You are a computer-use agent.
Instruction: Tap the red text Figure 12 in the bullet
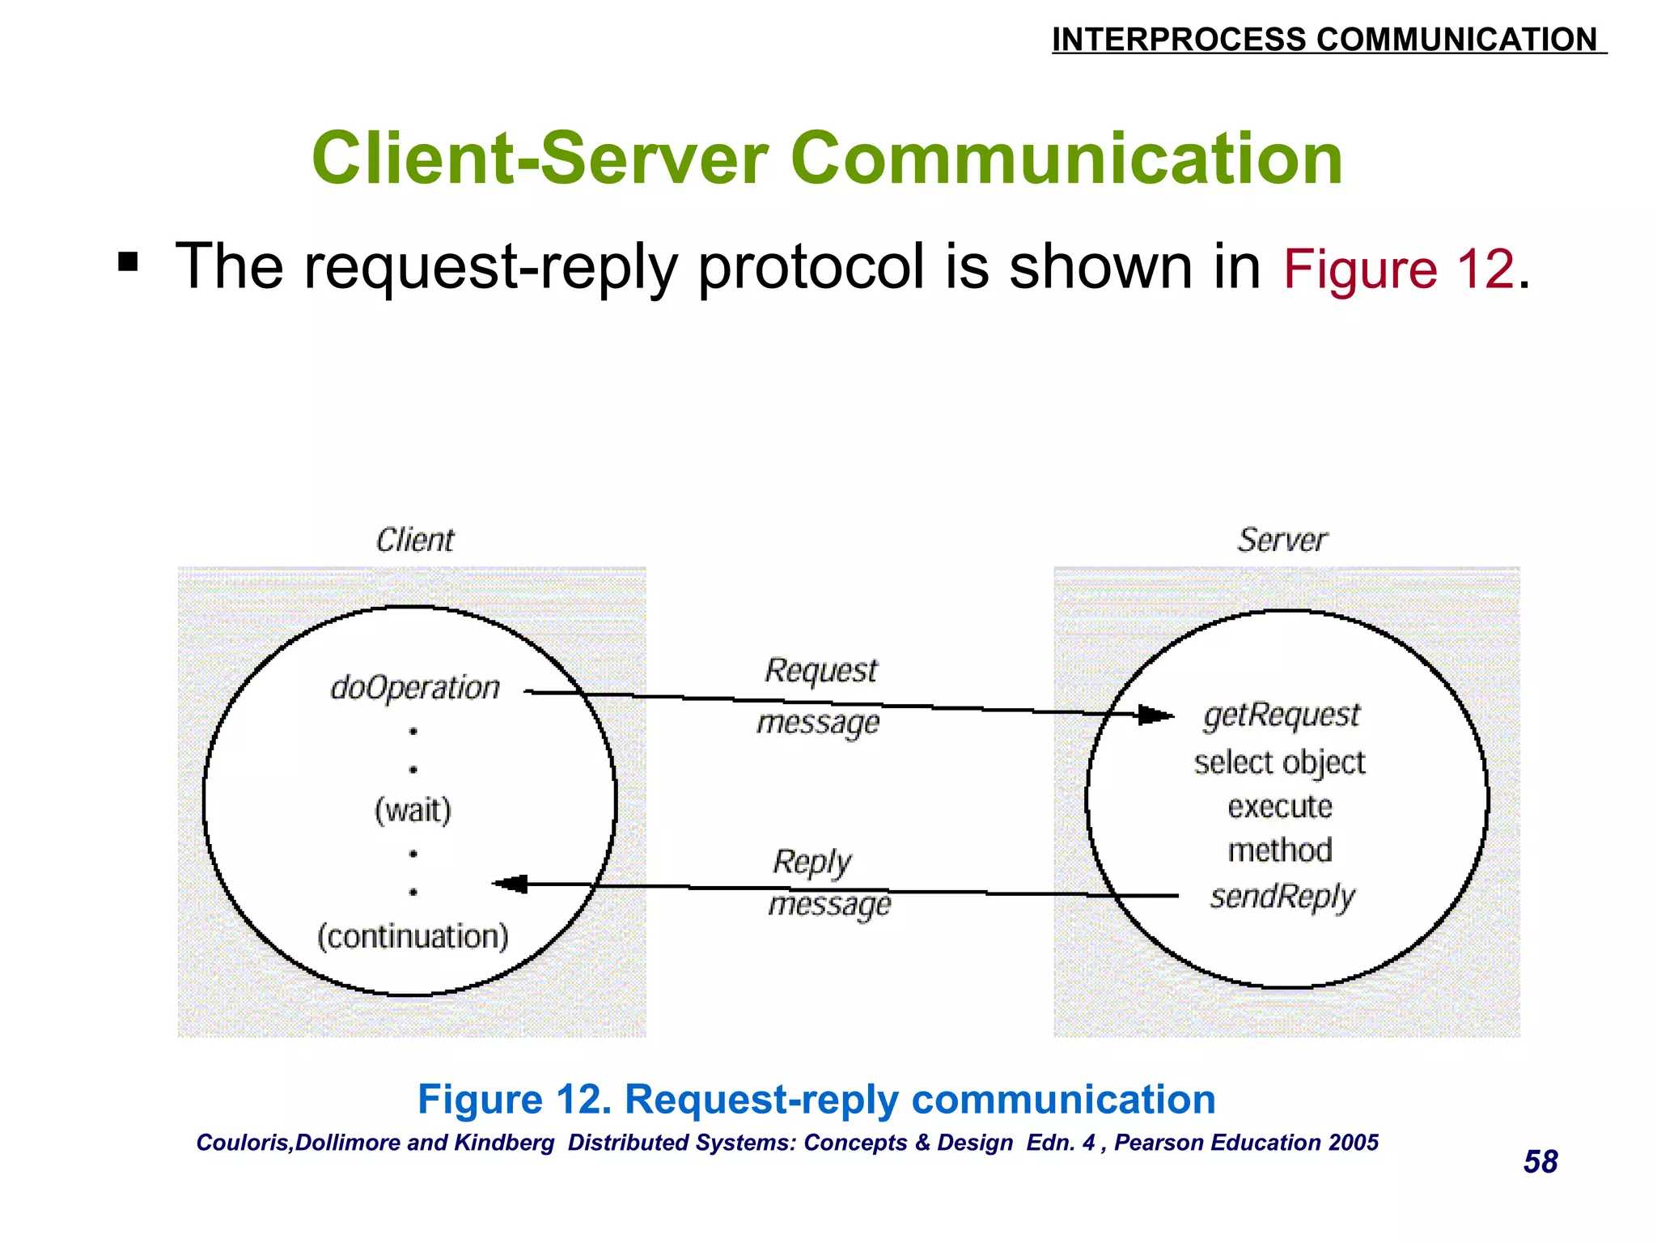1398,269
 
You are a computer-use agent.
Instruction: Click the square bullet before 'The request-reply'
128,262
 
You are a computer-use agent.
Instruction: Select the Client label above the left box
415,540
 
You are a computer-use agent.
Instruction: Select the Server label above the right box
1282,540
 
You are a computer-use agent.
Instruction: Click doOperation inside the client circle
415,688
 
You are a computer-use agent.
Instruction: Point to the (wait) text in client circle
413,810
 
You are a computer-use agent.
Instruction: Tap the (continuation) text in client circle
413,936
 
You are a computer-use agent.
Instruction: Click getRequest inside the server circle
1282,715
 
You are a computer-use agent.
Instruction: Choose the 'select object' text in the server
1279,762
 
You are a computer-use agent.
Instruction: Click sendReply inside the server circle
1282,897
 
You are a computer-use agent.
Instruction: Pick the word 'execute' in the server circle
1279,807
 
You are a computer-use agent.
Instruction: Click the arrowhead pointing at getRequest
1155,715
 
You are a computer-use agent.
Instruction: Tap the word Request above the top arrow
820,671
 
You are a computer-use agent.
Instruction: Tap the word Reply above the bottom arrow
812,862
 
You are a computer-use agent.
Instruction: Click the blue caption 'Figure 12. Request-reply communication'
816,1100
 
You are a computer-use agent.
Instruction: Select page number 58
1540,1162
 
